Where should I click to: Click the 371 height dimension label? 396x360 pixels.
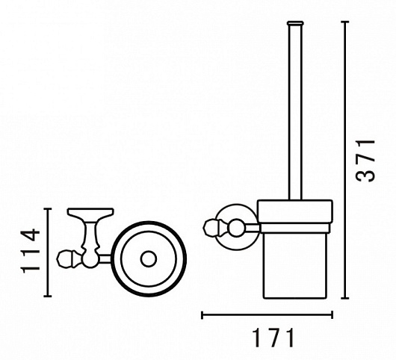[x=365, y=160]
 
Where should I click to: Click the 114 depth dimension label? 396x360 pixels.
[x=31, y=252]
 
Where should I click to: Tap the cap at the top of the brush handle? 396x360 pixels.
[x=295, y=23]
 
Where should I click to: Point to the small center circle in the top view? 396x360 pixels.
[x=149, y=259]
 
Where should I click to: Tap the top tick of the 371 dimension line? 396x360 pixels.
[x=345, y=22]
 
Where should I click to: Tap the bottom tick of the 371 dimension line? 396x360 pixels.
[x=345, y=298]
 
